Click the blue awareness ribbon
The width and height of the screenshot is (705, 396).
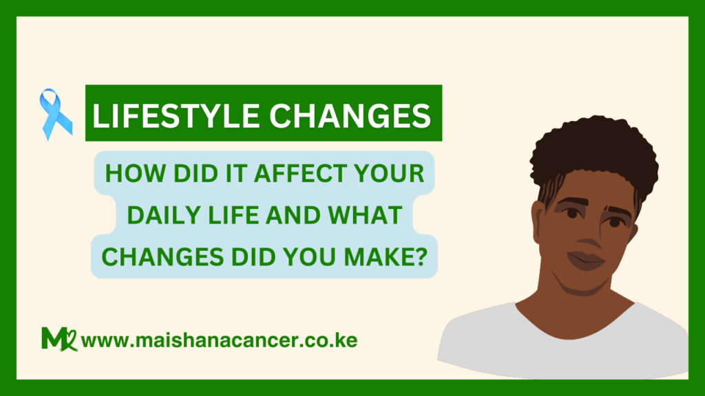click(55, 114)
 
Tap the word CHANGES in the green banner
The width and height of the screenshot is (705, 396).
click(350, 115)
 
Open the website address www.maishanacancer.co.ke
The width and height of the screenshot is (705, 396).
click(219, 340)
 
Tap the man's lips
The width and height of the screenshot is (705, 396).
click(585, 260)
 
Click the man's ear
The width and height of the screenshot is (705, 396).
click(538, 220)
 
